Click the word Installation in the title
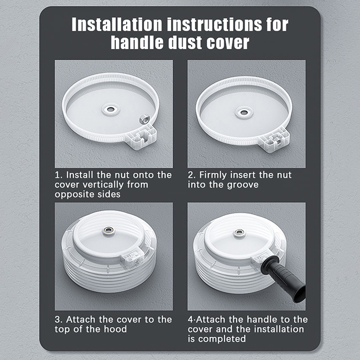pyautogui.click(x=117, y=24)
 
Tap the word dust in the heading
pyautogui.click(x=185, y=42)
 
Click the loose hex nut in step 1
pyautogui.click(x=144, y=119)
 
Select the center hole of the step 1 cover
pyautogui.click(x=111, y=109)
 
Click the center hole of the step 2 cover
pyautogui.click(x=244, y=112)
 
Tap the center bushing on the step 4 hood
pyautogui.click(x=239, y=233)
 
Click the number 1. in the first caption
pyautogui.click(x=58, y=175)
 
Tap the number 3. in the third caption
pyautogui.click(x=58, y=319)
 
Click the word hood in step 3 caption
pyautogui.click(x=115, y=329)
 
